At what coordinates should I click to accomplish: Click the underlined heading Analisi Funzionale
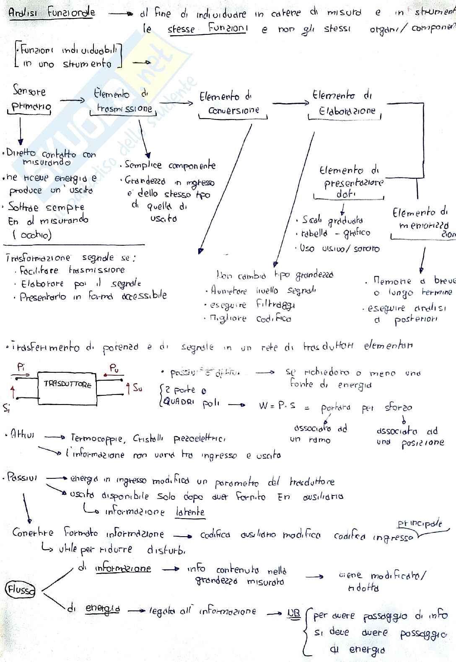pyautogui.click(x=52, y=13)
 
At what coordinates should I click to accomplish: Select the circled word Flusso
pyautogui.click(x=20, y=589)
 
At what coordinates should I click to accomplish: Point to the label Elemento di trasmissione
pyautogui.click(x=122, y=102)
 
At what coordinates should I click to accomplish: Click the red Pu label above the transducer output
pyautogui.click(x=114, y=368)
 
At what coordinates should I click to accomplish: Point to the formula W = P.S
pyautogui.click(x=277, y=405)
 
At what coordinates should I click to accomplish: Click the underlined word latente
pyautogui.click(x=190, y=512)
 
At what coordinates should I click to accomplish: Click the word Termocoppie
pyautogui.click(x=98, y=439)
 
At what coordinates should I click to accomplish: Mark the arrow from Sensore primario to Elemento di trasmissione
pyautogui.click(x=73, y=101)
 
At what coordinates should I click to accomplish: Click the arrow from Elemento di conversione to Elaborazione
pyautogui.click(x=290, y=103)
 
